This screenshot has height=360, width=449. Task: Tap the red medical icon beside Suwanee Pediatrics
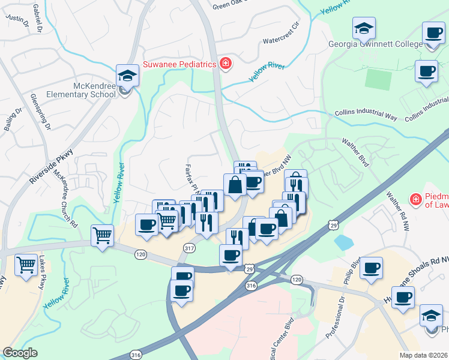[x=226, y=64]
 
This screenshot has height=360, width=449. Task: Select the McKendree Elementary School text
[x=86, y=90]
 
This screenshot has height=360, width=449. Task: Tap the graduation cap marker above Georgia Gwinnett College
[x=364, y=28]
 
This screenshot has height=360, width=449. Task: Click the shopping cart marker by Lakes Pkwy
[x=26, y=263]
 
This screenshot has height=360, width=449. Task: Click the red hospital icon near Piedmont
[x=414, y=199]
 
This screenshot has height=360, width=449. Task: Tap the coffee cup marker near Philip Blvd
[x=372, y=267]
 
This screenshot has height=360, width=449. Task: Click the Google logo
[x=20, y=353]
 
